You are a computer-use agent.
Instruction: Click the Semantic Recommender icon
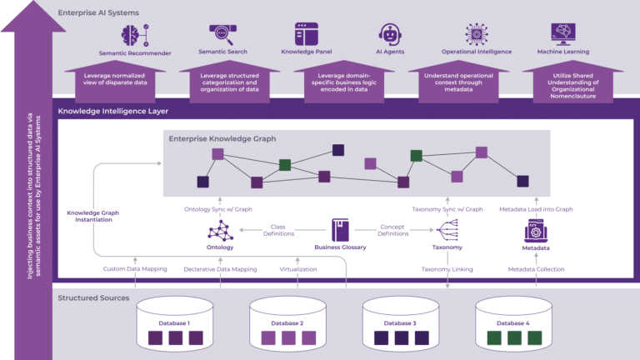click(134, 34)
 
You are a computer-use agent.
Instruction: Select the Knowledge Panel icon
click(307, 33)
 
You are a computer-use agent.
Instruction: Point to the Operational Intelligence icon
click(476, 34)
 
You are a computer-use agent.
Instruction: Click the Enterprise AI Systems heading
click(98, 12)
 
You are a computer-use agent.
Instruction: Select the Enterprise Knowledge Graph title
click(222, 138)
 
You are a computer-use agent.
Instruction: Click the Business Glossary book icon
click(340, 229)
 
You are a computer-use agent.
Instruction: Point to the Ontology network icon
click(220, 230)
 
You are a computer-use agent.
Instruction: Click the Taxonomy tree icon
click(447, 230)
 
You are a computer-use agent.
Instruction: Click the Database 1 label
click(175, 322)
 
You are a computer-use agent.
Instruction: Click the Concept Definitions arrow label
click(392, 229)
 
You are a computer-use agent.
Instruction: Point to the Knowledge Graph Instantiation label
click(93, 217)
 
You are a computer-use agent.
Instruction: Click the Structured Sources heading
click(93, 297)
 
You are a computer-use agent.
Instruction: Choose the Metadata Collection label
click(536, 269)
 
